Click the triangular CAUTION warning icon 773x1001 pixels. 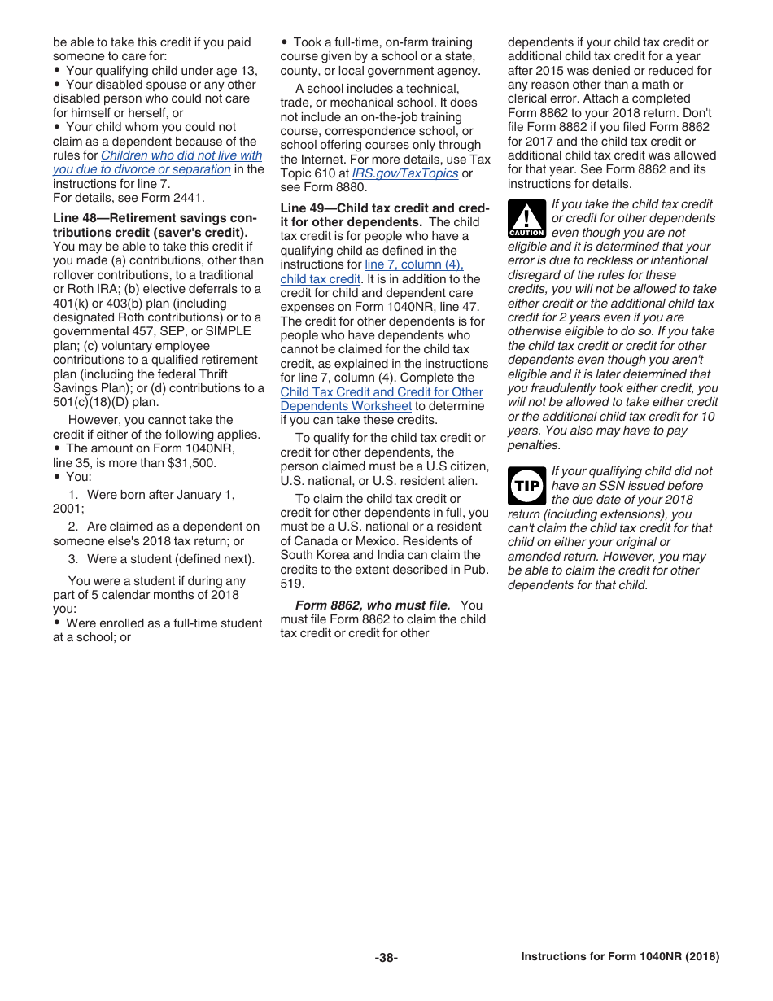pyautogui.click(x=526, y=219)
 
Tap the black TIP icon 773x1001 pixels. pyautogui.click(x=526, y=486)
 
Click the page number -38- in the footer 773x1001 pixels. pyautogui.click(x=386, y=958)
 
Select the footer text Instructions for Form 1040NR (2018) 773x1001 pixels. pyautogui.click(x=620, y=957)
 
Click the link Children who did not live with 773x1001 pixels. pyautogui.click(x=181, y=155)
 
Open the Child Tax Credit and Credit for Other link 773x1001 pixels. pyautogui.click(x=382, y=392)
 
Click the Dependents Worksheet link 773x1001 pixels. pyautogui.click(x=346, y=406)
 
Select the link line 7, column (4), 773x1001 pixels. pyautogui.click(x=414, y=264)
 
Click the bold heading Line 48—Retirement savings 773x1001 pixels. pyautogui.click(x=154, y=219)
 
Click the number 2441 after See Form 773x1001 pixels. pyautogui.click(x=191, y=198)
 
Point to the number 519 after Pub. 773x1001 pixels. pyautogui.click(x=292, y=584)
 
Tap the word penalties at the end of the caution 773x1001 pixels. pyautogui.click(x=534, y=445)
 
